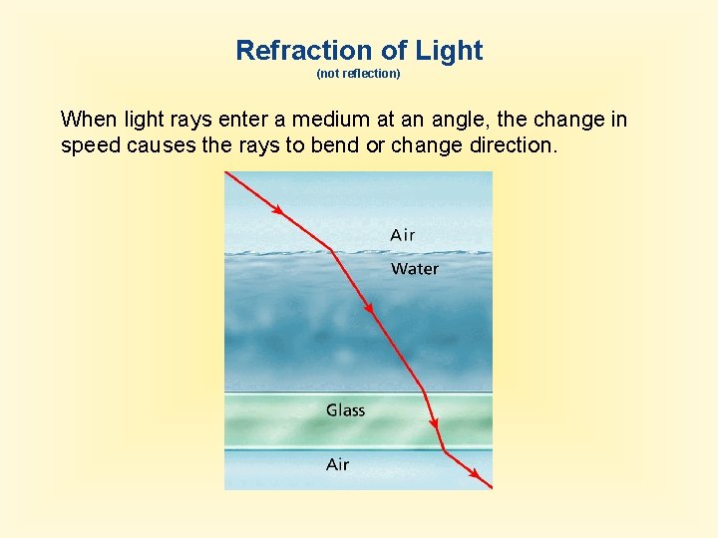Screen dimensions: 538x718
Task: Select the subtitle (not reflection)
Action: click(x=358, y=74)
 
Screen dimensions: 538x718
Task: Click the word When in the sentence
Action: click(x=89, y=120)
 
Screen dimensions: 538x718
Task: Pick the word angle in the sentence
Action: click(x=456, y=120)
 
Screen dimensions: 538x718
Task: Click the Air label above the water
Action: click(x=403, y=235)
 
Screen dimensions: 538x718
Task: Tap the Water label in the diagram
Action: click(x=414, y=269)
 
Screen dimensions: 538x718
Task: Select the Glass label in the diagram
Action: click(x=345, y=410)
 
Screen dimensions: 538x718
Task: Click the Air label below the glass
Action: click(x=338, y=464)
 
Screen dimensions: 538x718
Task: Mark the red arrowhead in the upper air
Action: click(x=278, y=212)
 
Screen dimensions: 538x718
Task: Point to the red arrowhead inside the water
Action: click(x=369, y=309)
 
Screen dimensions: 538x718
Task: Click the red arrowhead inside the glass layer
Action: click(x=436, y=423)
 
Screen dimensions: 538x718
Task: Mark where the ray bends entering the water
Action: click(x=331, y=250)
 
